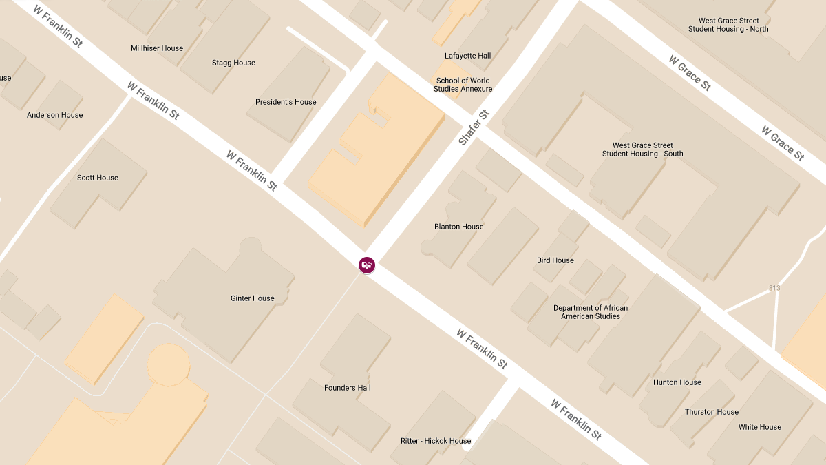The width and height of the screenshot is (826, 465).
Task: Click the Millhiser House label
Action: (157, 48)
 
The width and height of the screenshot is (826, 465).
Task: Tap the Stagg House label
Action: (233, 63)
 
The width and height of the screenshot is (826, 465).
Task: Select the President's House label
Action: (286, 102)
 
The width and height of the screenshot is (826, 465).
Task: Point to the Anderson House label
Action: (54, 115)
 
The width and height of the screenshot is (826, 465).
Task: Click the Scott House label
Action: (98, 178)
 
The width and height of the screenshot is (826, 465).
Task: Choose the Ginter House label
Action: (252, 298)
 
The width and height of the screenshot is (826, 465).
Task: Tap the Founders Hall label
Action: (348, 388)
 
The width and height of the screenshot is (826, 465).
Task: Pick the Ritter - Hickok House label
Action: (436, 441)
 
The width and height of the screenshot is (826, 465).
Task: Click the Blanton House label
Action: (458, 227)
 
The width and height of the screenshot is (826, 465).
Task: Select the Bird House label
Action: (555, 260)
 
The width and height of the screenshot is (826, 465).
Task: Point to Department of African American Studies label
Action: (591, 312)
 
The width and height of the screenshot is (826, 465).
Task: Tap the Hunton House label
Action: (677, 382)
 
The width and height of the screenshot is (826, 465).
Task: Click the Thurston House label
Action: (712, 412)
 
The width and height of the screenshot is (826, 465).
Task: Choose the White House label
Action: (760, 427)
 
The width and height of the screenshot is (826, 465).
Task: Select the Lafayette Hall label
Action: (468, 56)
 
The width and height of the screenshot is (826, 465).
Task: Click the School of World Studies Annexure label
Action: (463, 85)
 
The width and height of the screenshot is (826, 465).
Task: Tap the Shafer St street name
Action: (474, 127)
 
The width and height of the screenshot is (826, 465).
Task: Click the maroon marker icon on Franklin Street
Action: (367, 265)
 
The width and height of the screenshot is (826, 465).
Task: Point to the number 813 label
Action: (774, 288)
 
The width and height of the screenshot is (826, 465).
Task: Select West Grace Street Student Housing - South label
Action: (643, 149)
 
